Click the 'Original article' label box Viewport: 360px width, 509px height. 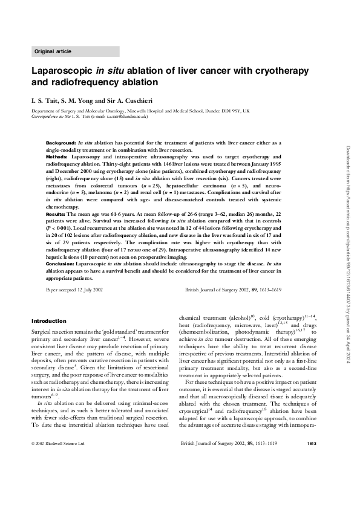point(75,51)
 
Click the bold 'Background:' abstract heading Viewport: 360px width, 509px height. point(62,142)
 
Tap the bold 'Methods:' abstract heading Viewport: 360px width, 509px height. point(58,157)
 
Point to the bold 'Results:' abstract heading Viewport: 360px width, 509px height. point(57,214)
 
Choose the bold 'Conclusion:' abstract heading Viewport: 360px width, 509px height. point(61,264)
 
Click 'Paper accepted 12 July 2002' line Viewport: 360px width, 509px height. point(74,290)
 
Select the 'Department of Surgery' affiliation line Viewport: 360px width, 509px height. point(140,111)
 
